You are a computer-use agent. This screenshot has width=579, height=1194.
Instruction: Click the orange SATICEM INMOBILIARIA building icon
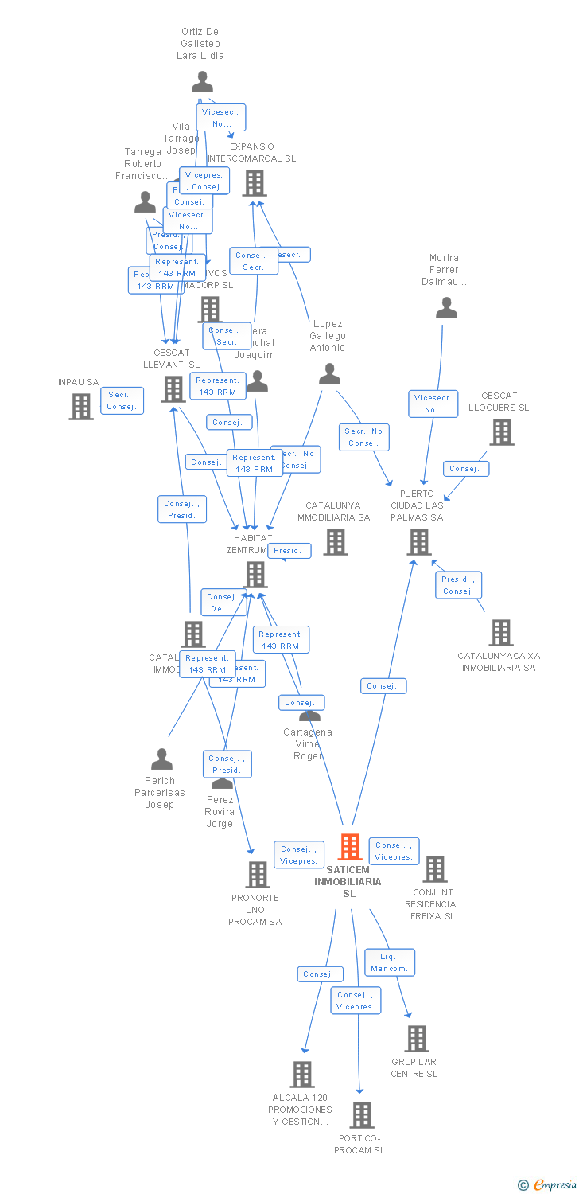coord(350,847)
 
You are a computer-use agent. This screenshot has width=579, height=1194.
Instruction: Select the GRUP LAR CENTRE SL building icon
coord(417,1039)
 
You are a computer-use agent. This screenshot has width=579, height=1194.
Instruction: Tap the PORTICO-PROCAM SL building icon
coord(362,1115)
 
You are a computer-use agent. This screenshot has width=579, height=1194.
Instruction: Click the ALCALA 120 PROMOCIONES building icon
coord(302,1075)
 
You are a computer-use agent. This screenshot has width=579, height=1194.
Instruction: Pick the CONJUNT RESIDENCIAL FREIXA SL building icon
coord(435,869)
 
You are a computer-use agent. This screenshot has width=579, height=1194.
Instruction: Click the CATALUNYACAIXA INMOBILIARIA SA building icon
coord(501,633)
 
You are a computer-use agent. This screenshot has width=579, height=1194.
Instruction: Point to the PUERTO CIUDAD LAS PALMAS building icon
coord(419,542)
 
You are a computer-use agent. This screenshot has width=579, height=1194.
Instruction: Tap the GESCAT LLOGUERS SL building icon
coord(502,432)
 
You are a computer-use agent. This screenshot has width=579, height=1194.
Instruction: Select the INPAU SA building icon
coord(81,407)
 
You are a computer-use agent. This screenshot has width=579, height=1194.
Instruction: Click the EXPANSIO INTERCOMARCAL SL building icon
coord(255,183)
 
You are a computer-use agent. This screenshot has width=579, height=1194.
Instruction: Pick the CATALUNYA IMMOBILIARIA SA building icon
coord(336,542)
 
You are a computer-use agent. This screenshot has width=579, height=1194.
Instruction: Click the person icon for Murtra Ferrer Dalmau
coord(447,307)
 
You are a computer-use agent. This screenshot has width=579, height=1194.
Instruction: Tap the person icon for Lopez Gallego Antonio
coord(329,373)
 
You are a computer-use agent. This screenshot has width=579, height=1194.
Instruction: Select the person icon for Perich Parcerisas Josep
coord(161,759)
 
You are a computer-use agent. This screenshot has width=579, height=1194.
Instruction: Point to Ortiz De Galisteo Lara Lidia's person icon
coord(203,81)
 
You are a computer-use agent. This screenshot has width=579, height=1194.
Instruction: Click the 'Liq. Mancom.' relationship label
coord(390,962)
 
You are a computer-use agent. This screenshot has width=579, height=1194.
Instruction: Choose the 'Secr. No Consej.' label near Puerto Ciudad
coord(365,437)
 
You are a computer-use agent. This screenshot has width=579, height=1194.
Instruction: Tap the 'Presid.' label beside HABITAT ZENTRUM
coord(289,551)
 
